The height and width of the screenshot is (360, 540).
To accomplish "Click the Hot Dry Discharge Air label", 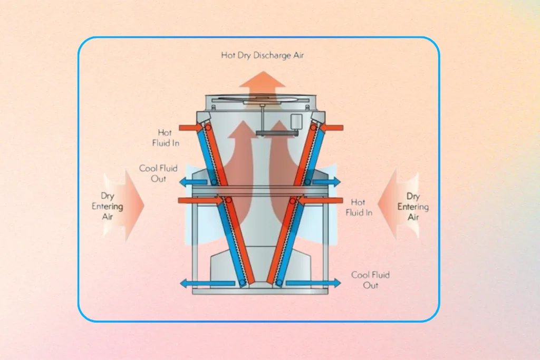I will pos(262,55).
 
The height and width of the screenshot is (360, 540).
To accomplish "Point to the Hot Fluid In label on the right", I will pos(358,207).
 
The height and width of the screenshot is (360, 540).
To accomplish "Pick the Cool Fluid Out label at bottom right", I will pos(370,280).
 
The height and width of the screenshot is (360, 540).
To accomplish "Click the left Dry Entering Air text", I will pos(108,206).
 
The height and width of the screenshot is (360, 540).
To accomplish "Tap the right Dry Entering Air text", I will pos(413,207).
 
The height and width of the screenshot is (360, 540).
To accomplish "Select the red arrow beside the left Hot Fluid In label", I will pos(190,127).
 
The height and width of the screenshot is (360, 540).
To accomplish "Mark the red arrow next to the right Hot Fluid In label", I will pos(321,200).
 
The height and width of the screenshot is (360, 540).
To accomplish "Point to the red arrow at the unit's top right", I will pos(331,127).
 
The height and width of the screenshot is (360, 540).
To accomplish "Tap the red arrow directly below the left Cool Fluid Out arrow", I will pos(200,200).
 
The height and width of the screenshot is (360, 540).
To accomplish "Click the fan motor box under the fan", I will pos(296,121).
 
